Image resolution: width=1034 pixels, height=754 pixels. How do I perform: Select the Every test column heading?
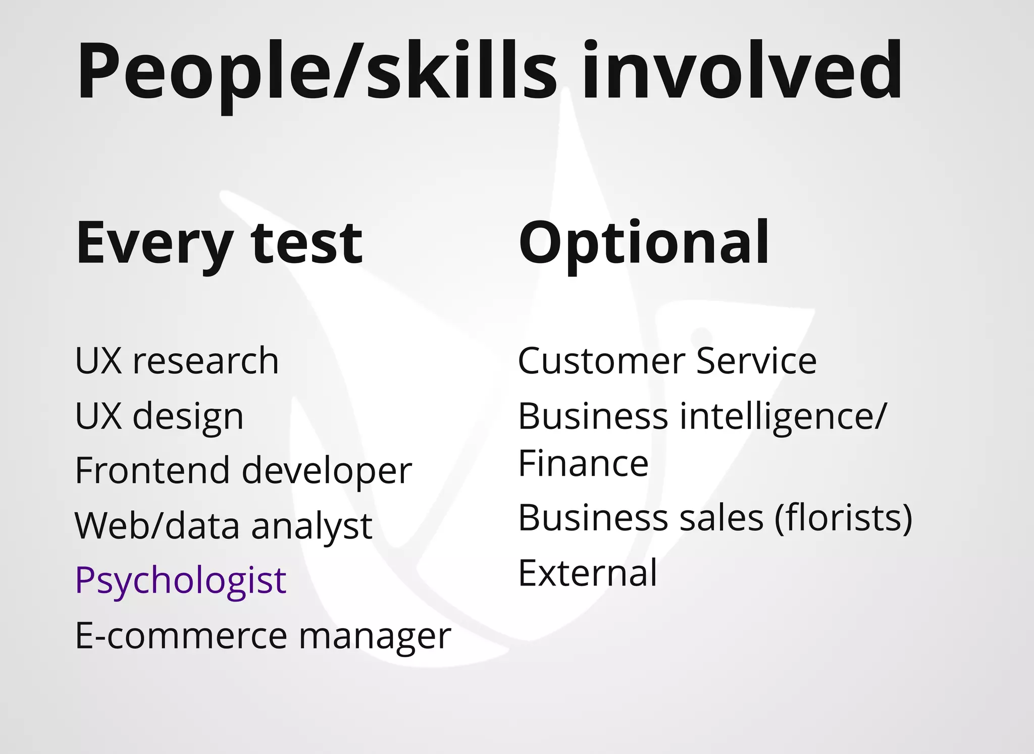coord(219,243)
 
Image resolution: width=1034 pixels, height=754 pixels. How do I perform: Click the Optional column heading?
coord(644,243)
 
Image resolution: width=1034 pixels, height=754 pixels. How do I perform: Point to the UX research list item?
coord(177,361)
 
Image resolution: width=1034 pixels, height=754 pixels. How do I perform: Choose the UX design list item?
coord(159,416)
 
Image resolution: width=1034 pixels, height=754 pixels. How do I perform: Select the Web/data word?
coord(157,526)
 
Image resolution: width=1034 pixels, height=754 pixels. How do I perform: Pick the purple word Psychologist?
coord(180,580)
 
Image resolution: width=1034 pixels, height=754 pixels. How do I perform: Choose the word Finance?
coord(583,463)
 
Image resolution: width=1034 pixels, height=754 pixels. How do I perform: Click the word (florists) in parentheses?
coord(843,518)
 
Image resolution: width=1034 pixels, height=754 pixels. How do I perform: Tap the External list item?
coord(588,573)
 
